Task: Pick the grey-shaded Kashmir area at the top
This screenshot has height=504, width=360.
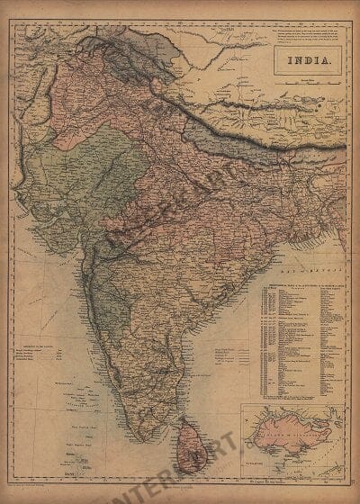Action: (135, 40)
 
